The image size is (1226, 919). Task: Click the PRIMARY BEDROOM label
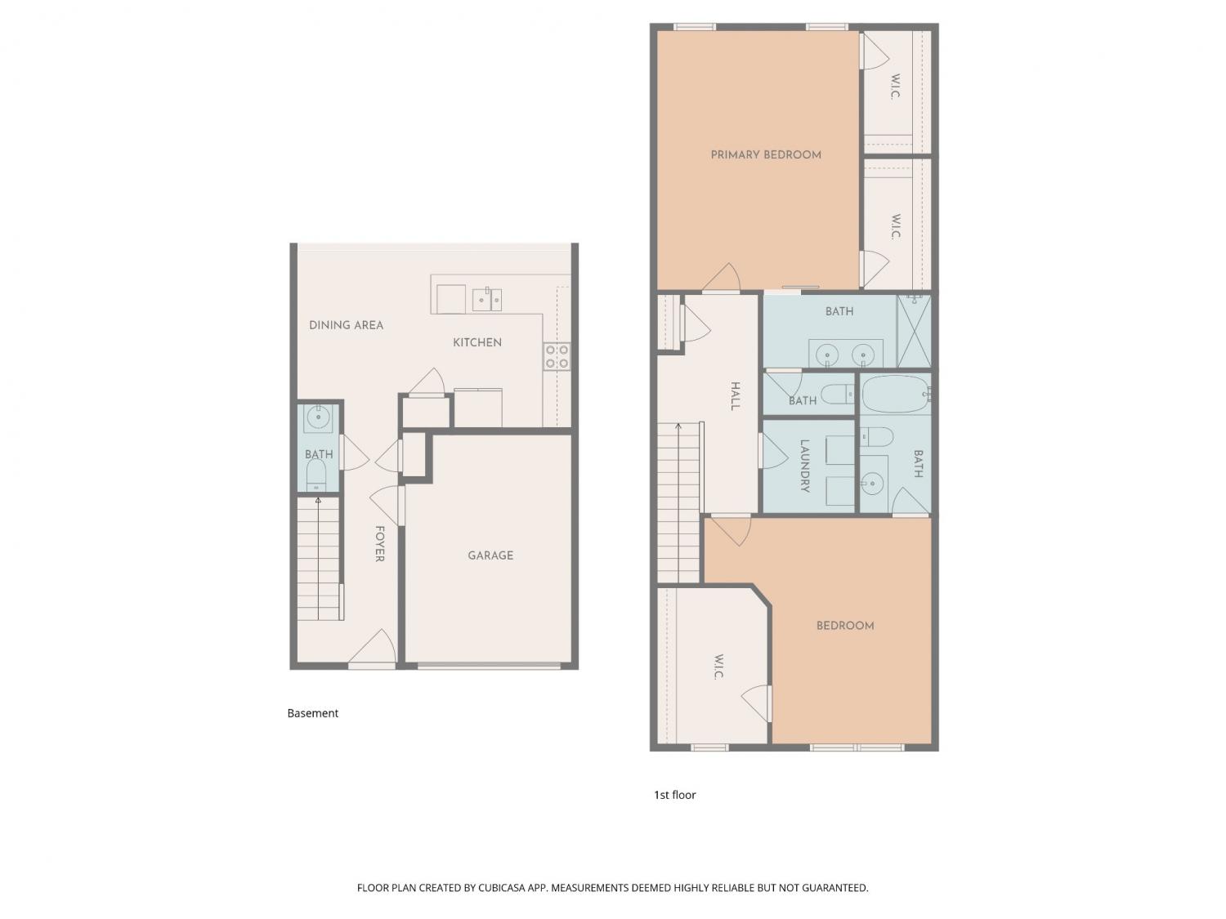tap(766, 155)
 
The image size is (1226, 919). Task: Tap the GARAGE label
tap(490, 555)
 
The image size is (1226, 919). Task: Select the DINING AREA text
tap(347, 325)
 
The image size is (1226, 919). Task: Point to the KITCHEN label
tap(477, 342)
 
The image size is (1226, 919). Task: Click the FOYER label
tap(379, 543)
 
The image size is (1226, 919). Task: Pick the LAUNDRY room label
tap(805, 466)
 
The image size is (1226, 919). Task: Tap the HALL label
tap(736, 396)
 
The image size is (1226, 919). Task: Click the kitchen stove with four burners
tap(557, 357)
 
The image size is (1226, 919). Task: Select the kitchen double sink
tap(487, 300)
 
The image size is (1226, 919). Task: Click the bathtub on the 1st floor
tap(896, 394)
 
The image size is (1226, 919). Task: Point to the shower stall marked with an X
tap(914, 332)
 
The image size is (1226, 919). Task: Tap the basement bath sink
tap(318, 418)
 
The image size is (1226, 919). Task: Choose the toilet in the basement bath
tap(316, 476)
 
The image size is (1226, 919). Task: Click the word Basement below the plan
tap(313, 713)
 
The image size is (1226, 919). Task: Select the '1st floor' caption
tap(675, 795)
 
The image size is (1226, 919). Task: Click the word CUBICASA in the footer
tap(502, 888)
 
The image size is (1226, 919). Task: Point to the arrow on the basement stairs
tap(319, 559)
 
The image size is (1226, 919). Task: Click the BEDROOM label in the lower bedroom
tap(845, 626)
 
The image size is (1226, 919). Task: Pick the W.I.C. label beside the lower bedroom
tap(718, 667)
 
